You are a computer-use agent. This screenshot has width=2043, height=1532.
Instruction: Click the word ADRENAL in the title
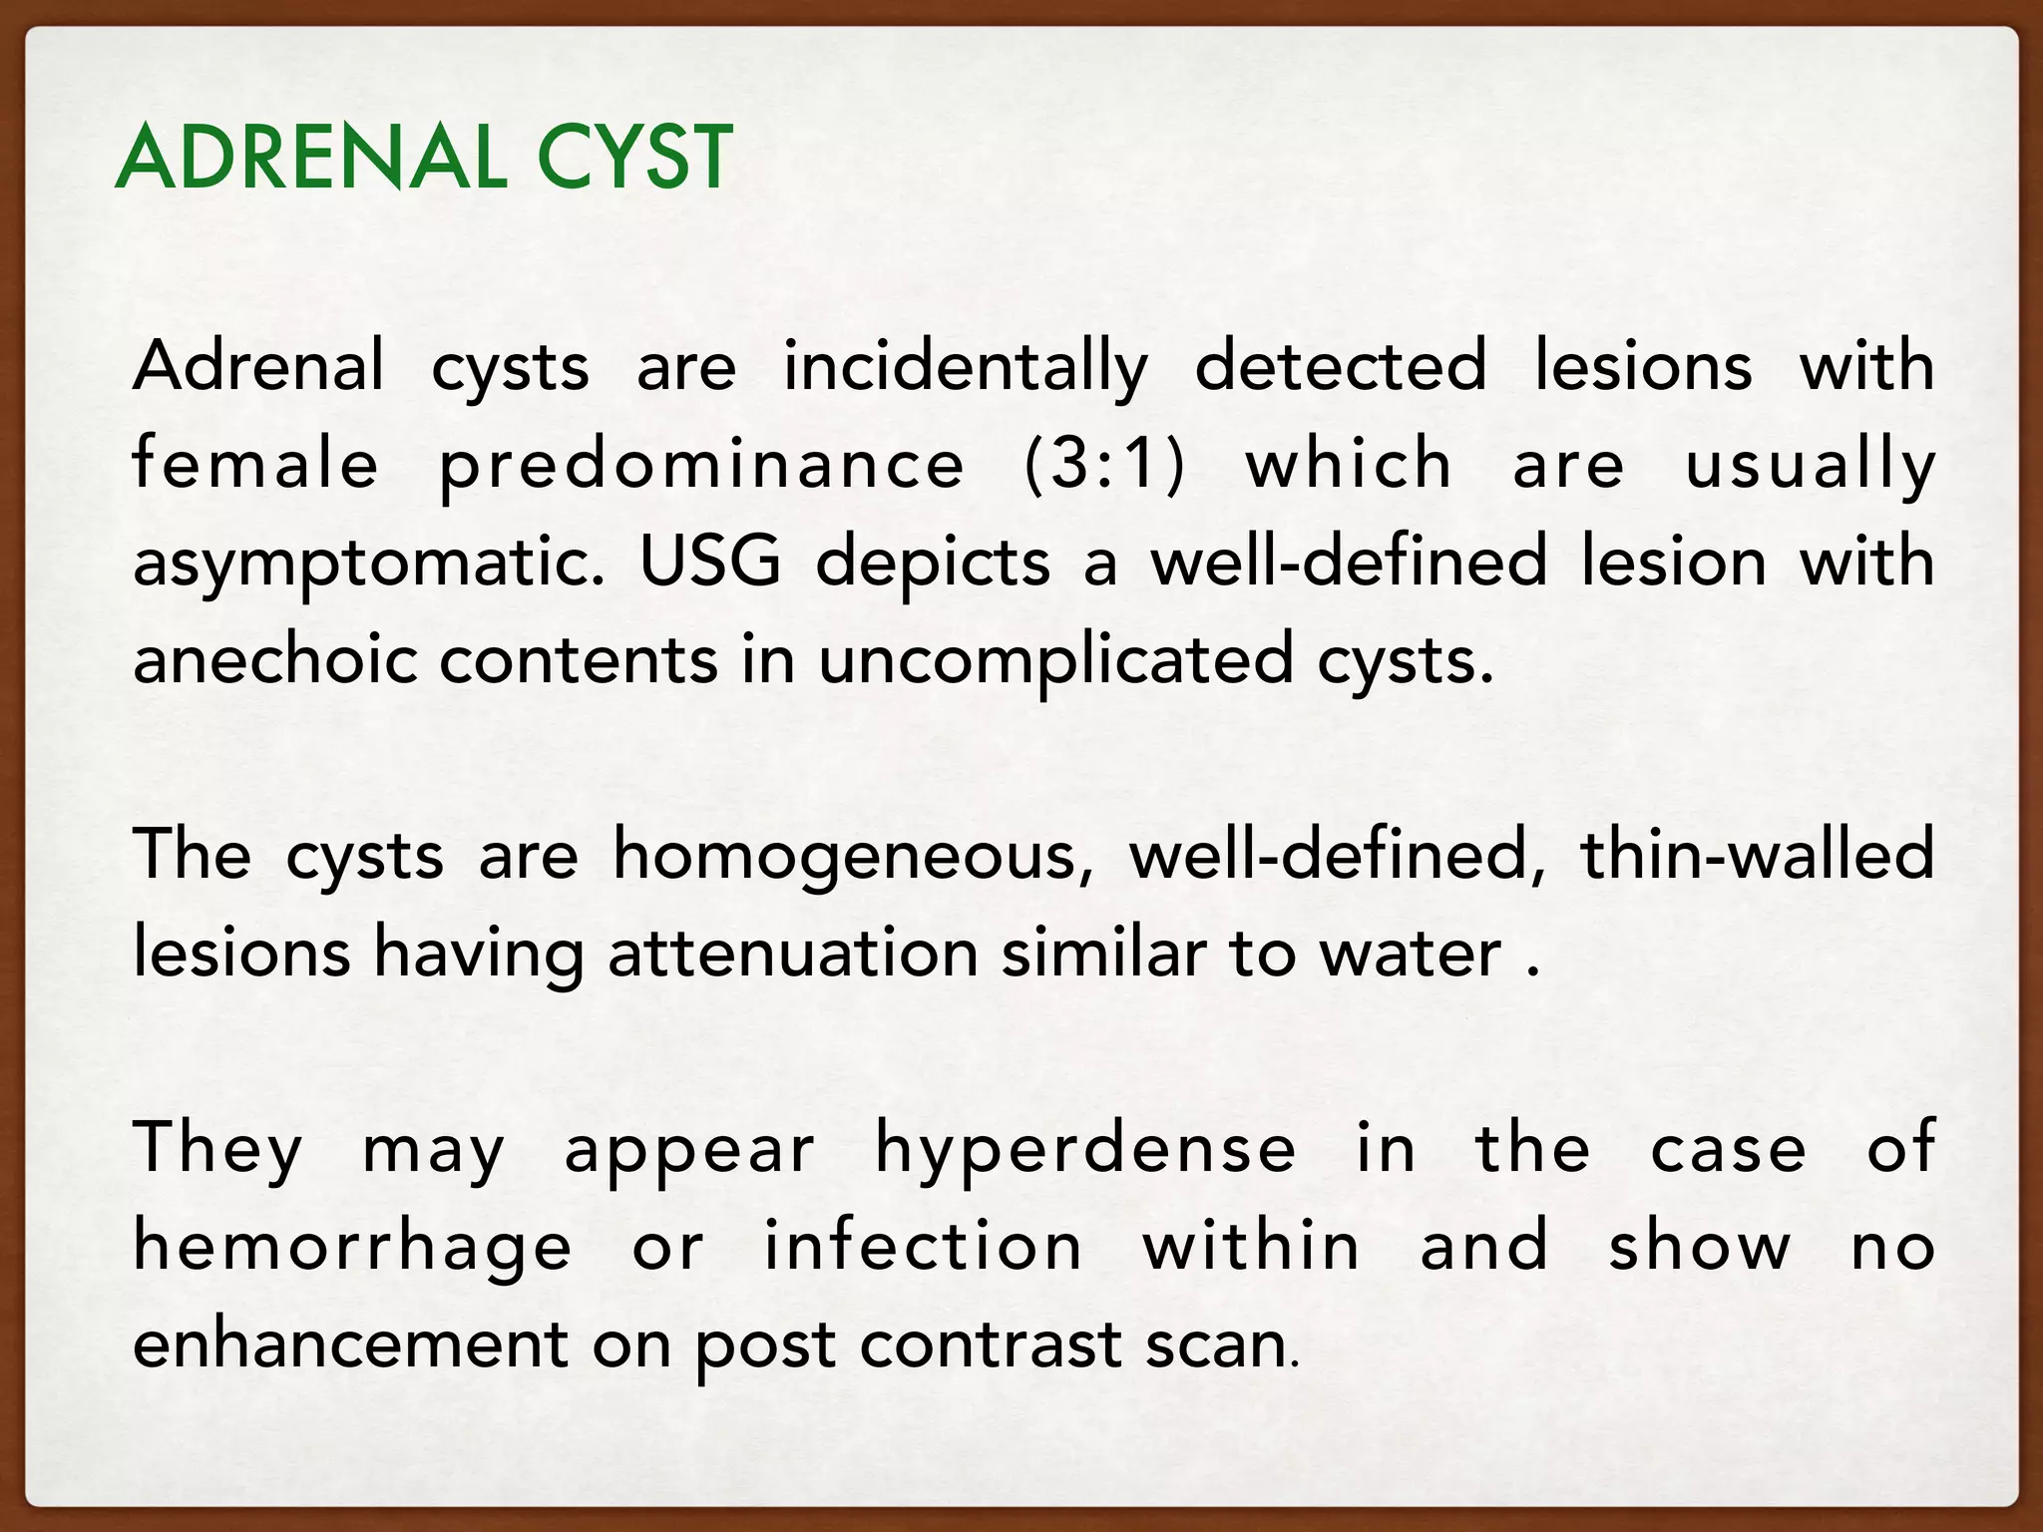(x=310, y=158)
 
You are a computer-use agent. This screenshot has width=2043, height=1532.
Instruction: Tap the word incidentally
(x=965, y=367)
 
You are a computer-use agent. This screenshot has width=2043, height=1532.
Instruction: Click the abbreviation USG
(x=709, y=562)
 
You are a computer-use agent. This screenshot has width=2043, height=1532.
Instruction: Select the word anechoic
(x=274, y=660)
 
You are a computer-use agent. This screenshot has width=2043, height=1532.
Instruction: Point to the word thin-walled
(x=1758, y=856)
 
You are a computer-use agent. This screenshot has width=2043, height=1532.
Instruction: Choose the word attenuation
(x=793, y=955)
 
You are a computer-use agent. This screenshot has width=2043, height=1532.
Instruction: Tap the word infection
(x=924, y=1247)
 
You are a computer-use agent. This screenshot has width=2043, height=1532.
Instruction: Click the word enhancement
(x=350, y=1344)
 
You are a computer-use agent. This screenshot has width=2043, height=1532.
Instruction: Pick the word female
(x=255, y=465)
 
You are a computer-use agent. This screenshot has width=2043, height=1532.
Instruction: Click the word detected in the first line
(x=1340, y=367)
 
